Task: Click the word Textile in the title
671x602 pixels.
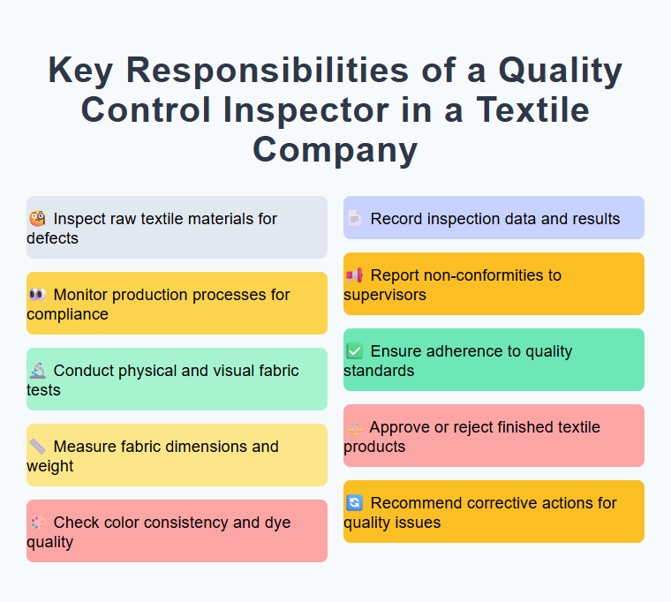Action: [533, 110]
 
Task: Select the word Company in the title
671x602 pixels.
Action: [335, 149]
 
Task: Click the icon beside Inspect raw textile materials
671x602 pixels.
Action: [37, 219]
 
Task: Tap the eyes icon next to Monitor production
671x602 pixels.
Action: [37, 295]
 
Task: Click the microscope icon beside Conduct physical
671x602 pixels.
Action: [37, 371]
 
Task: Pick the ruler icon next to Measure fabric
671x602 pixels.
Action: [37, 447]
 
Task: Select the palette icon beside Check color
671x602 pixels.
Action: [37, 523]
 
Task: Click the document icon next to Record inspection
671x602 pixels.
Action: [354, 219]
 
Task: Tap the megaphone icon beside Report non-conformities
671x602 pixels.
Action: [354, 275]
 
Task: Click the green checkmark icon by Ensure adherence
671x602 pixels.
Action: [354, 351]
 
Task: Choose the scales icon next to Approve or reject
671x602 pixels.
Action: [354, 427]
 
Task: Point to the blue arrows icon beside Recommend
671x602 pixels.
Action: [354, 503]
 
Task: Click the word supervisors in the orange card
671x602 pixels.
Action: [385, 295]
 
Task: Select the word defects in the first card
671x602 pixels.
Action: [52, 238]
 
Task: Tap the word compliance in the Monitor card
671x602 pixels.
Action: [67, 314]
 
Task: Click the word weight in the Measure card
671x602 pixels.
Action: [50, 466]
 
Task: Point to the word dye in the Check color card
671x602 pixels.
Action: [277, 523]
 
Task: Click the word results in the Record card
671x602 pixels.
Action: [593, 219]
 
